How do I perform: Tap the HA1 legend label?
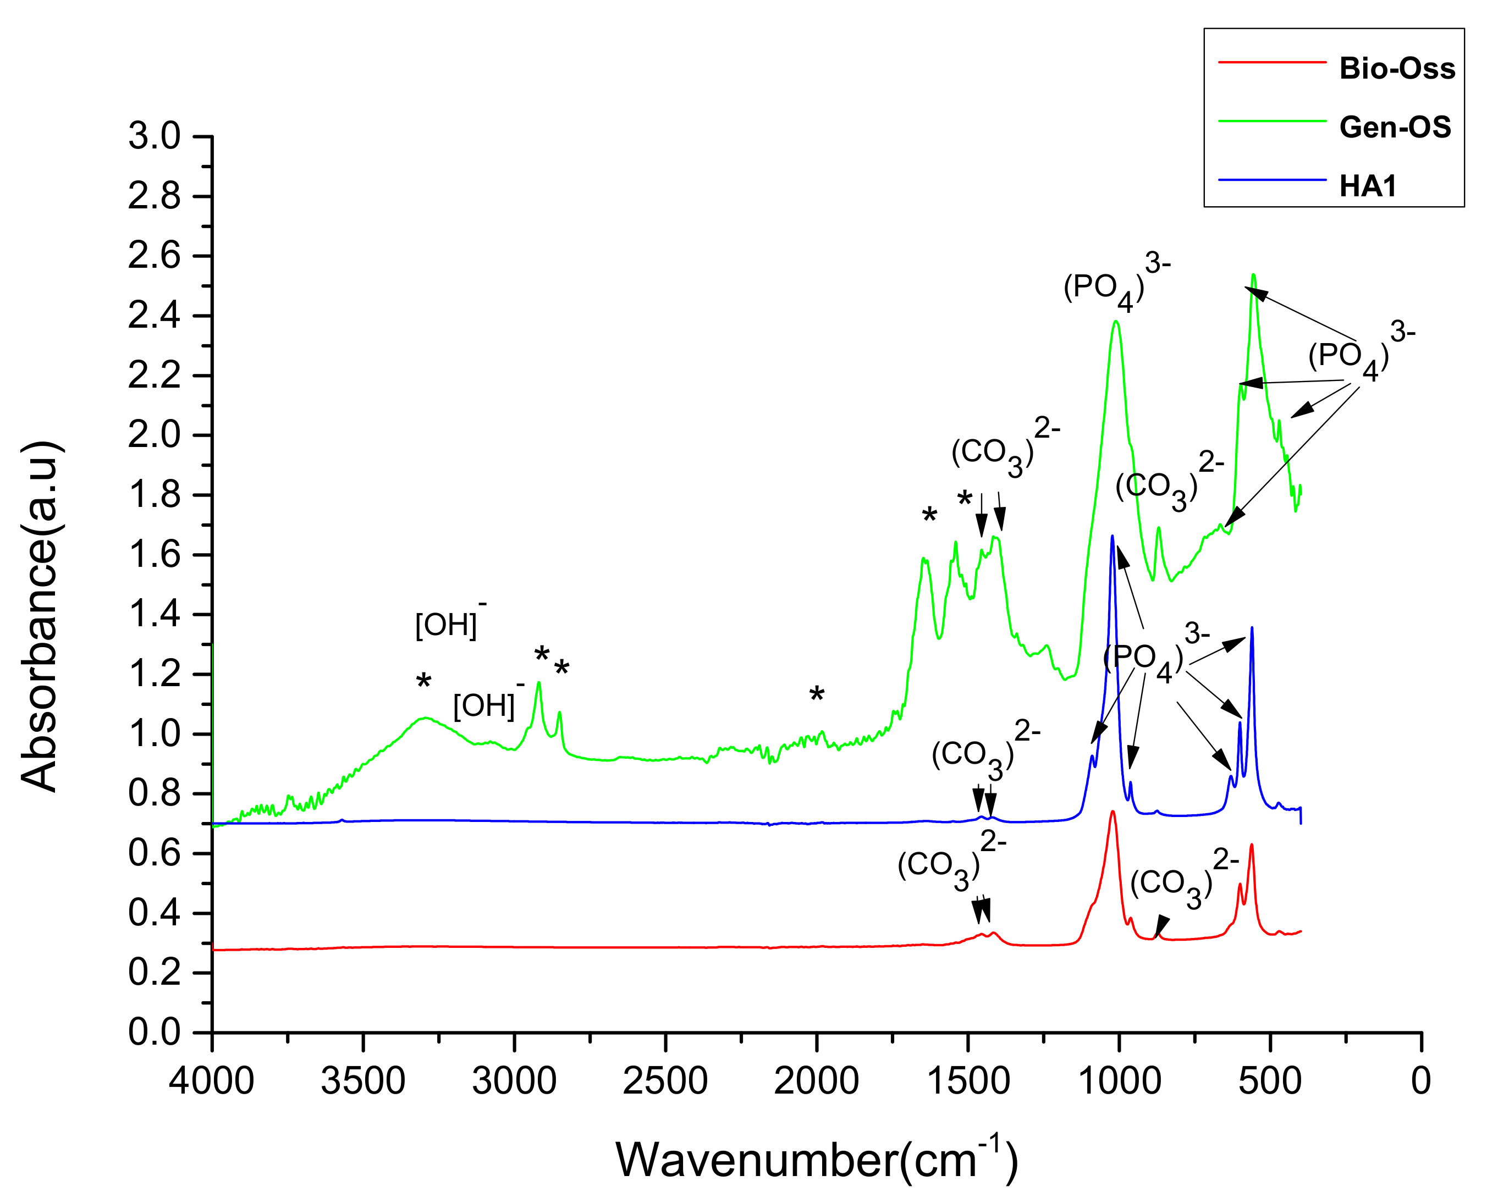1368,186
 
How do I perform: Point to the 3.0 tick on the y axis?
154,136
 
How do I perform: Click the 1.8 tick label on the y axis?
154,495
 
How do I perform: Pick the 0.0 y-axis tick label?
154,1032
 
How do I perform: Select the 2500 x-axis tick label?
665,1081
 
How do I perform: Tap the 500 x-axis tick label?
1270,1081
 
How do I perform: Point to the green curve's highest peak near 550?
1253,275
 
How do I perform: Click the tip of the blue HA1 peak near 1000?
1111,536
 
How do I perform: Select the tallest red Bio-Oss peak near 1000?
1112,811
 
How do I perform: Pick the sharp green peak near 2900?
538,682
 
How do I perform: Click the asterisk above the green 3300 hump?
423,681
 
